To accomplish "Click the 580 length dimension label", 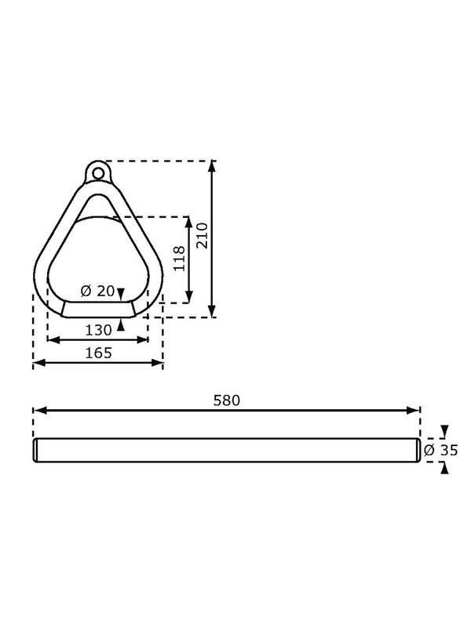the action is pos(227,400).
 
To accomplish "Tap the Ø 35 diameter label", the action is pos(440,450).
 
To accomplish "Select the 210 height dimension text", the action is pos(203,236).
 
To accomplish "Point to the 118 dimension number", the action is pos(179,259).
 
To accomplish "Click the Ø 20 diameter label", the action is pos(97,291).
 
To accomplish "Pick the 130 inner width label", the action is pos(99,330).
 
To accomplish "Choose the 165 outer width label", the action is pos(99,353).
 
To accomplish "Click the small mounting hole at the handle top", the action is pos(97,173).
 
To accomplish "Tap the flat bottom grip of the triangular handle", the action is pos(98,310).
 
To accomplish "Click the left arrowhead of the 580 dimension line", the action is pos(38,410).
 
